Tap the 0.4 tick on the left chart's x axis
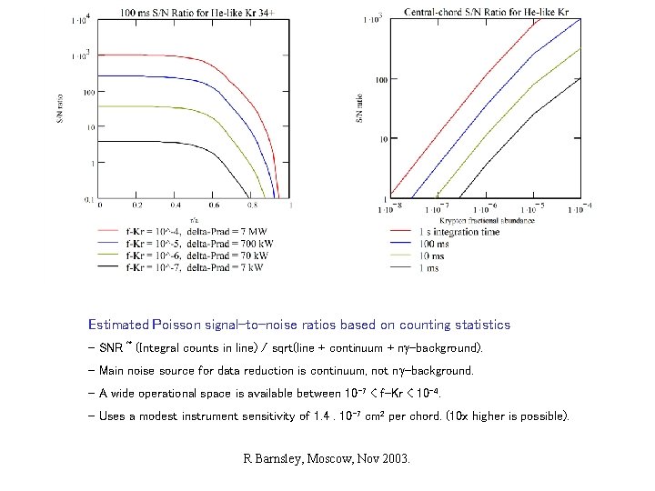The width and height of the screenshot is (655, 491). click(175, 205)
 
